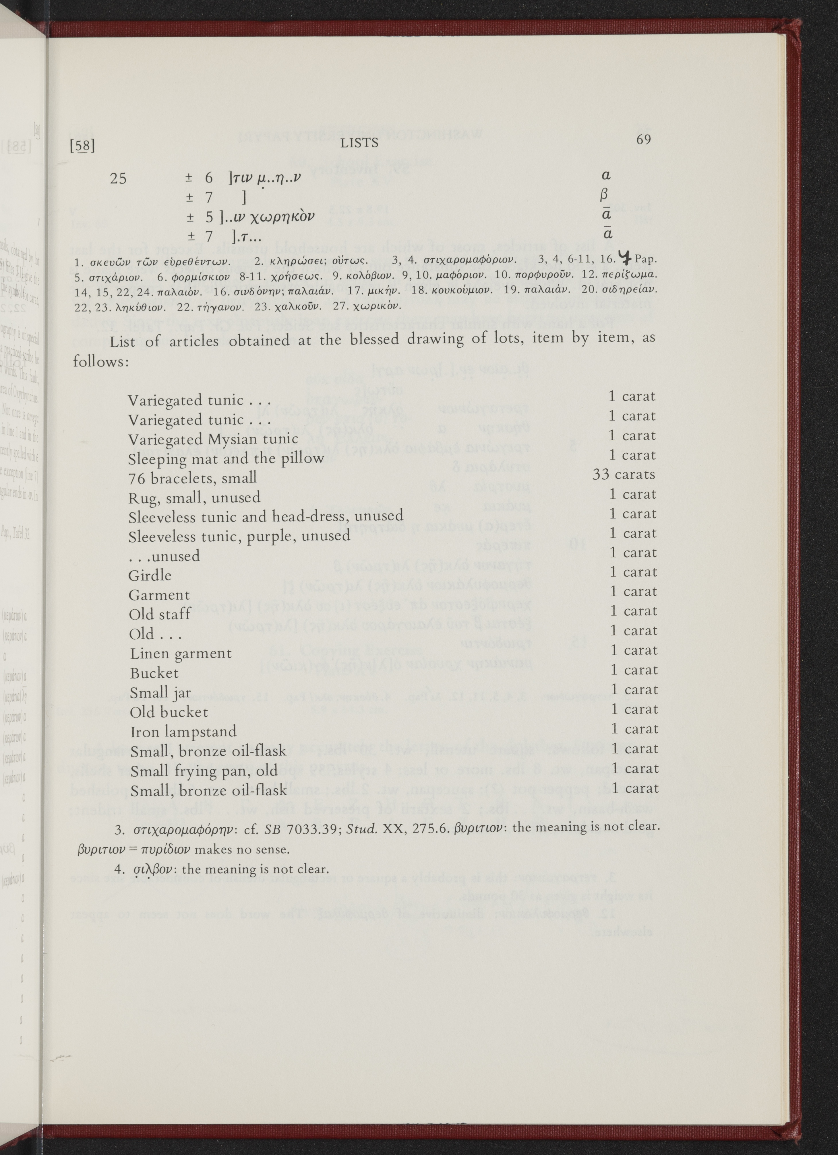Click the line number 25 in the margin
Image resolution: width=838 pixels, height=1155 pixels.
tap(118, 178)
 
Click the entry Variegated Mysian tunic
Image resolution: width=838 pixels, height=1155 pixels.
tap(213, 439)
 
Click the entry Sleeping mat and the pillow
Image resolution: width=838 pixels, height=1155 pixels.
tap(226, 458)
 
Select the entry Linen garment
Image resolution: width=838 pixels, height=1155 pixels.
tap(181, 653)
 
